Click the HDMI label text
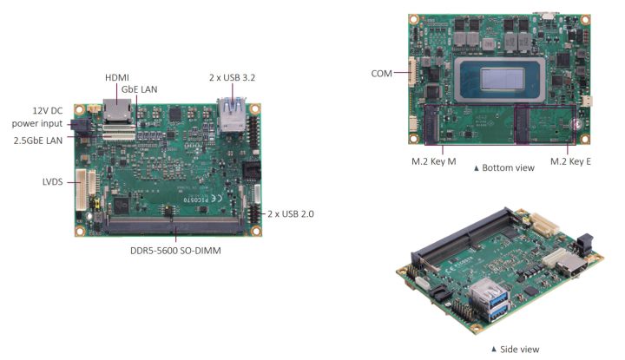click(117, 77)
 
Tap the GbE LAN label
click(139, 89)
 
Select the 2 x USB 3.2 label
click(232, 77)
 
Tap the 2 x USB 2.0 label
click(289, 213)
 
